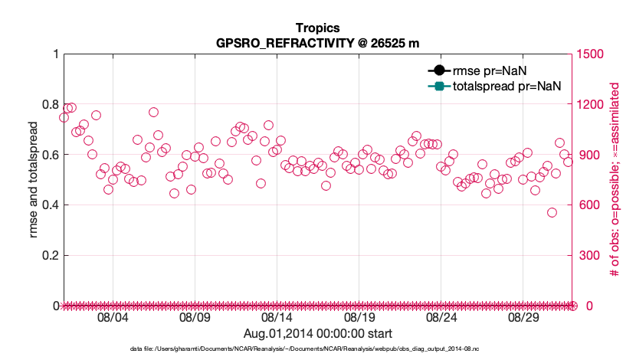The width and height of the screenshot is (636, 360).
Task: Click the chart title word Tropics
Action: pyautogui.click(x=317, y=28)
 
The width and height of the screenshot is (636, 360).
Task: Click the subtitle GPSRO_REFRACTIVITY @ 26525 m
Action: pyautogui.click(x=317, y=43)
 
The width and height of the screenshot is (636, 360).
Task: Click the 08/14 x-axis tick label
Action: pyautogui.click(x=277, y=317)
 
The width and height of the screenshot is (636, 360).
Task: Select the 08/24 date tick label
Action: pyautogui.click(x=441, y=317)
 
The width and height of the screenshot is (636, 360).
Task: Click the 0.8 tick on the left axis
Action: pyautogui.click(x=49, y=104)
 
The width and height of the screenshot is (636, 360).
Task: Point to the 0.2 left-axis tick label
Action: pyautogui.click(x=49, y=255)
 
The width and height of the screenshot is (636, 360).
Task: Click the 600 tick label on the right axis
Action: pyautogui.click(x=588, y=205)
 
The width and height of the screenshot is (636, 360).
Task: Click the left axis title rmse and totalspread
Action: pyautogui.click(x=34, y=180)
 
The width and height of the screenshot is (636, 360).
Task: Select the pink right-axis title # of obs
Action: pyautogui.click(x=614, y=180)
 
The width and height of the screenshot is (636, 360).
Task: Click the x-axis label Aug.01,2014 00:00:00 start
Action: pyautogui.click(x=317, y=333)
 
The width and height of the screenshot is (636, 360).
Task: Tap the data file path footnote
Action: pyautogui.click(x=317, y=349)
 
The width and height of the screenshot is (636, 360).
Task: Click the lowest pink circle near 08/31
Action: pyautogui.click(x=552, y=212)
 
